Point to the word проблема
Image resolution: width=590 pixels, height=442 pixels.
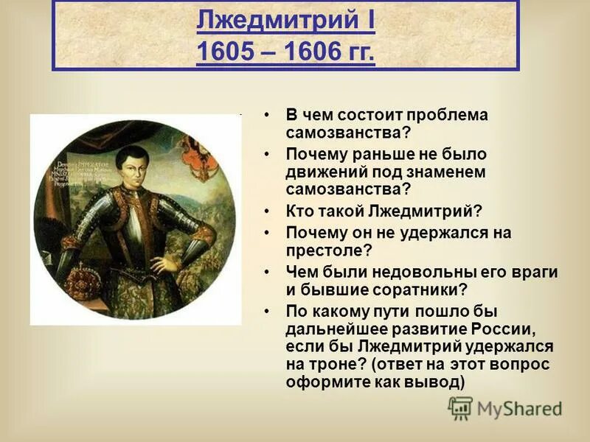(452, 115)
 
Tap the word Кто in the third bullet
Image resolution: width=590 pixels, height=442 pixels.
(300, 211)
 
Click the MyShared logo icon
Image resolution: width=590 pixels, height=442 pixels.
(459, 408)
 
